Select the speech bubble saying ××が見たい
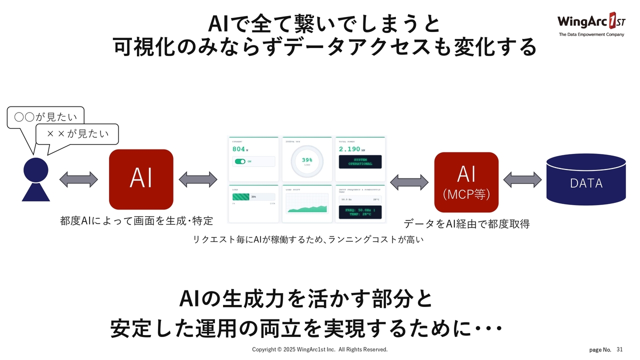click(77, 134)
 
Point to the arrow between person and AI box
click(78, 179)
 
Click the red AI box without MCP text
click(141, 179)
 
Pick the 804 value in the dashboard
click(239, 149)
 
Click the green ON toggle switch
click(240, 161)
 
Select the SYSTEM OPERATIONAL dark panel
click(360, 161)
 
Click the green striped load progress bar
click(241, 196)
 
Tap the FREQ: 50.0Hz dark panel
click(360, 212)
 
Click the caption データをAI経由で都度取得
click(466, 224)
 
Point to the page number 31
click(619, 349)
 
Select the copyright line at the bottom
click(319, 349)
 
